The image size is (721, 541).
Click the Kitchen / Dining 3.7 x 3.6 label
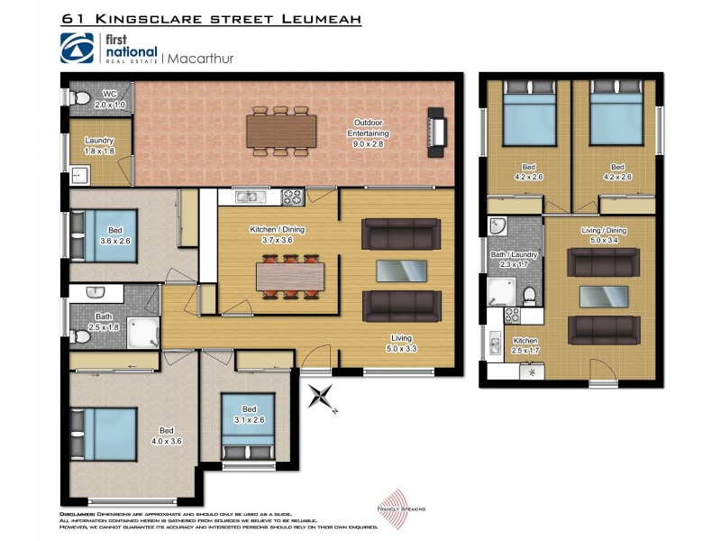click(x=277, y=235)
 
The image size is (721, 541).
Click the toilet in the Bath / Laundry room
click(x=530, y=295)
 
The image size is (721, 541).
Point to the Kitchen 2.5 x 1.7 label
click(x=525, y=345)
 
